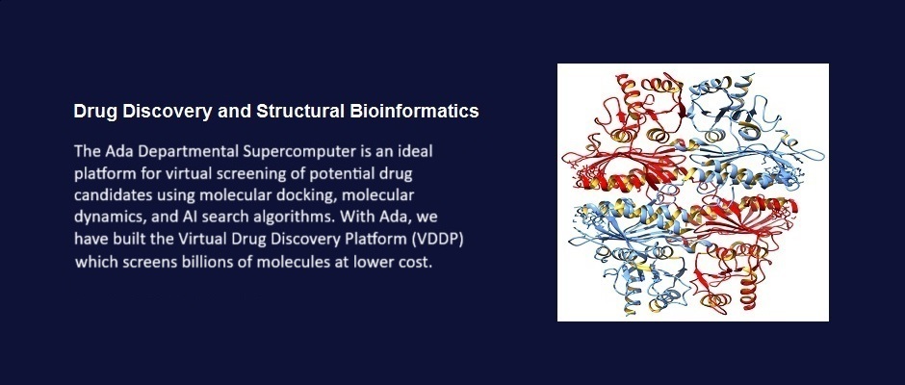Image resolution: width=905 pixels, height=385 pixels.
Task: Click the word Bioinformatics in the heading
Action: (x=414, y=112)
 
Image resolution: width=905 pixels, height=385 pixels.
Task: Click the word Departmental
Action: (x=189, y=152)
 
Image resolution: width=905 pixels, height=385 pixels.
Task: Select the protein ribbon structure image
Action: (x=692, y=192)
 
